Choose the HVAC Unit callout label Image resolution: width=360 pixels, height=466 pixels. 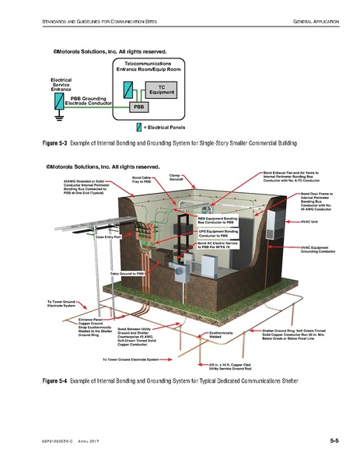[310, 222]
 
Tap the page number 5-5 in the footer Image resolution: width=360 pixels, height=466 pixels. [334, 441]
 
